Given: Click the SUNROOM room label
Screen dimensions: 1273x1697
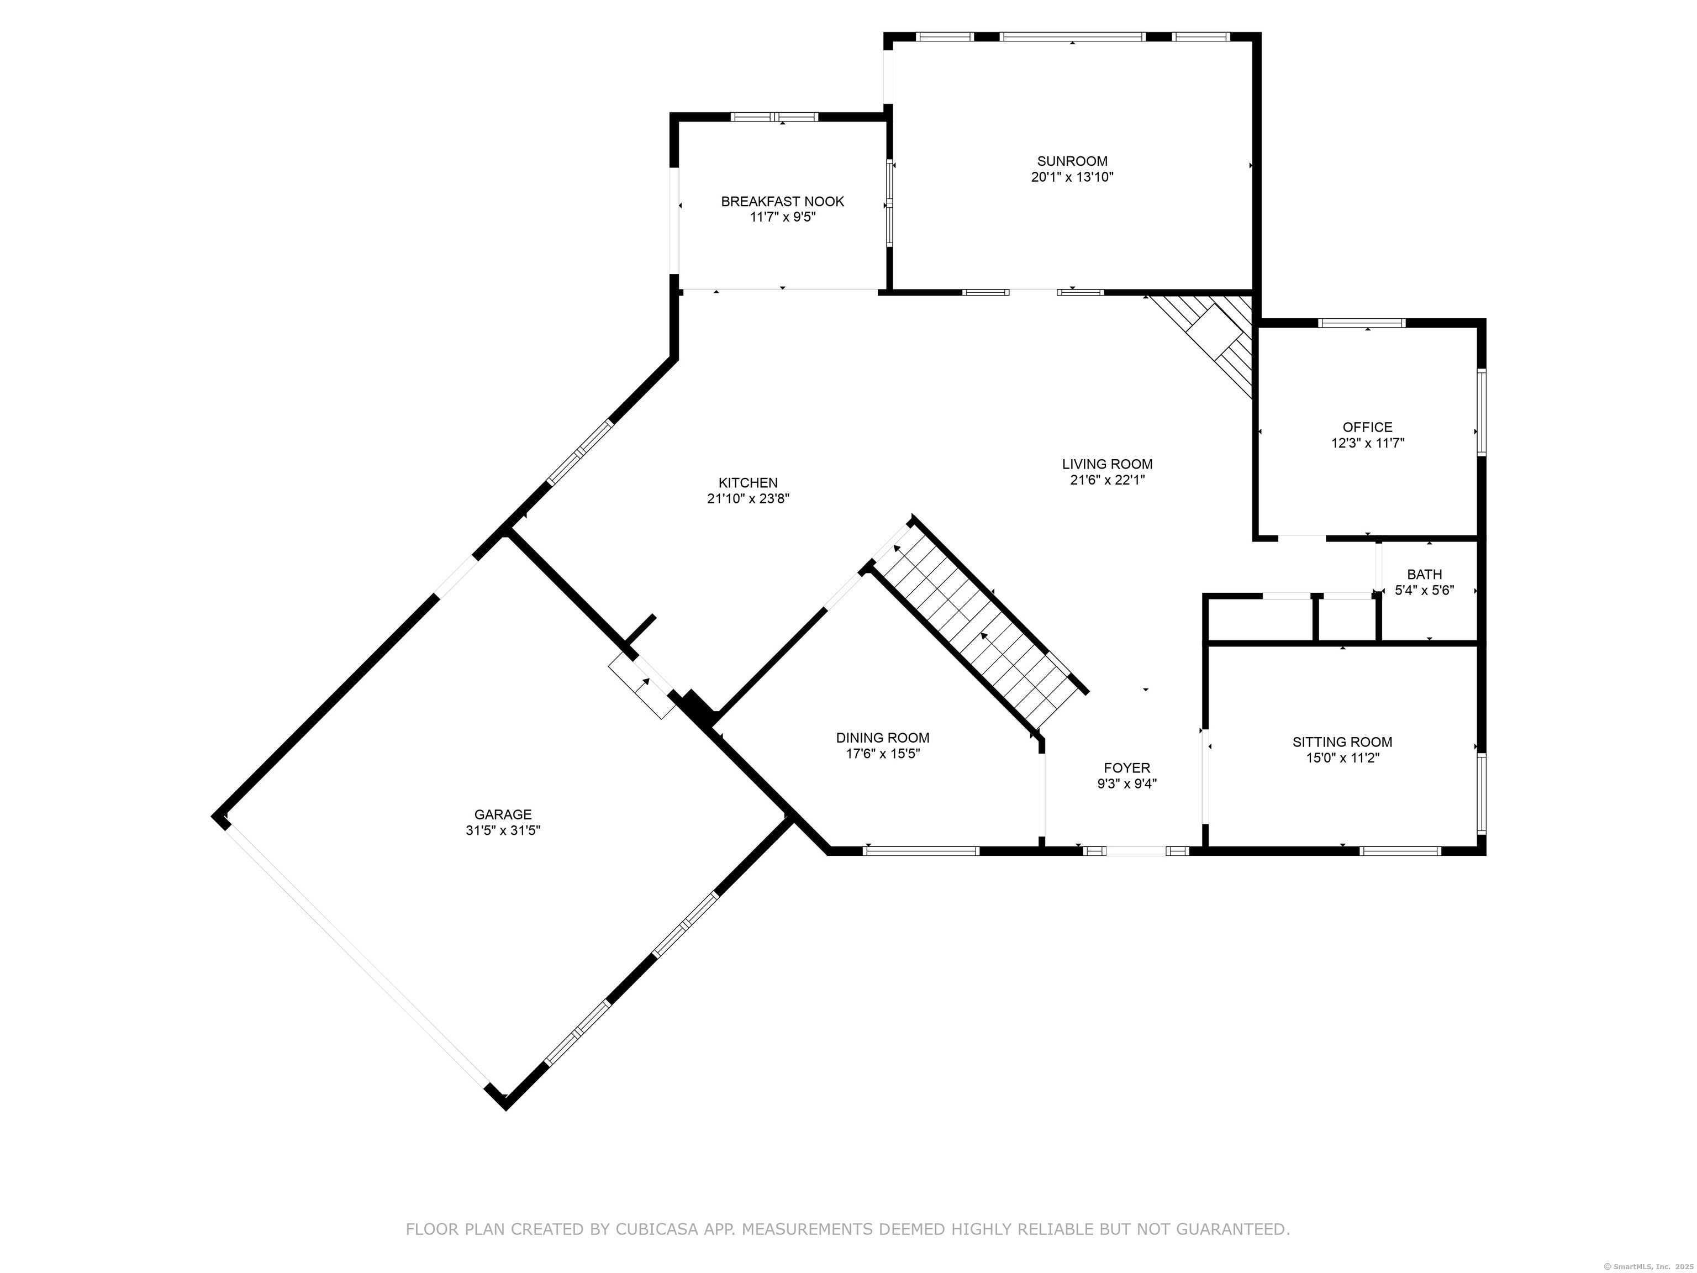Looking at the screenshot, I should click(x=1072, y=161).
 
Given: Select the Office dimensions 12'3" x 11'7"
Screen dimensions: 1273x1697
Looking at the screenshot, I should click(x=1367, y=443).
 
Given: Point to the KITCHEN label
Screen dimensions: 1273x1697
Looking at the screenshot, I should click(x=748, y=483).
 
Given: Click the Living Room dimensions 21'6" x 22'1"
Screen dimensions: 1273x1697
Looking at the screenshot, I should click(x=1107, y=480).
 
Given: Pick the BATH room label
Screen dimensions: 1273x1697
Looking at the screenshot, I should click(x=1424, y=574).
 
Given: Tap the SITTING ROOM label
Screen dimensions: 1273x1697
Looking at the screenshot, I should click(x=1342, y=742).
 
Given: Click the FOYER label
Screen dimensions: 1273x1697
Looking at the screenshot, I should click(x=1126, y=768).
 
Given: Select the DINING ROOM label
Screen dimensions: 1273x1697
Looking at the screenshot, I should click(x=882, y=738).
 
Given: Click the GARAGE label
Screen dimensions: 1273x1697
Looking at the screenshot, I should click(x=503, y=815).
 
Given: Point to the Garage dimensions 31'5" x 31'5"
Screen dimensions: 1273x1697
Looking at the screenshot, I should click(x=503, y=830).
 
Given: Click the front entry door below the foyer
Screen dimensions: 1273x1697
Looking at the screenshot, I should click(x=1135, y=850).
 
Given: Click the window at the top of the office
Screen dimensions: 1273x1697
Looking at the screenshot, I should click(x=1362, y=323).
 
